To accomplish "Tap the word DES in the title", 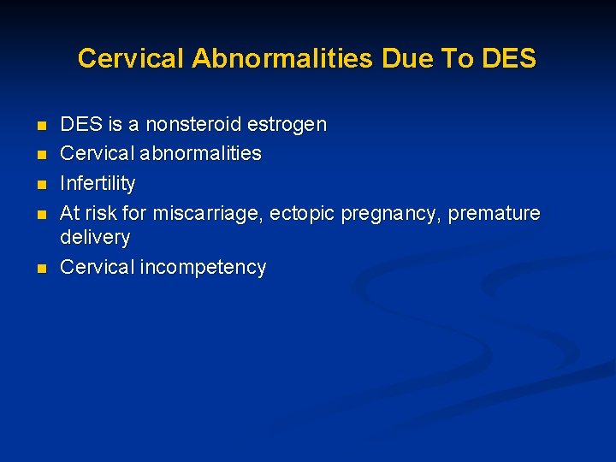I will click(x=509, y=58).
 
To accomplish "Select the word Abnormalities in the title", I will click(x=282, y=58).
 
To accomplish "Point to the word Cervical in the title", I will click(x=131, y=58).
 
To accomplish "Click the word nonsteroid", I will click(x=193, y=125).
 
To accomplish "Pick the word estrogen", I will click(x=287, y=125).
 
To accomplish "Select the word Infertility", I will click(x=98, y=183).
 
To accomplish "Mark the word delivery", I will click(x=95, y=237).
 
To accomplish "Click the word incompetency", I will click(x=203, y=267).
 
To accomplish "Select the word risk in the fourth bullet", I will click(x=103, y=213).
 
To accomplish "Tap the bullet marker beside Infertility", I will click(x=40, y=184).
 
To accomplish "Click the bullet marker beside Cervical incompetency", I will click(x=40, y=268).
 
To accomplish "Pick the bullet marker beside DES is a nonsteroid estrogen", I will click(x=40, y=126).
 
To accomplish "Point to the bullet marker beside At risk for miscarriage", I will click(x=40, y=214).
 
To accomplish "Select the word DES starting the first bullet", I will click(x=80, y=125).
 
